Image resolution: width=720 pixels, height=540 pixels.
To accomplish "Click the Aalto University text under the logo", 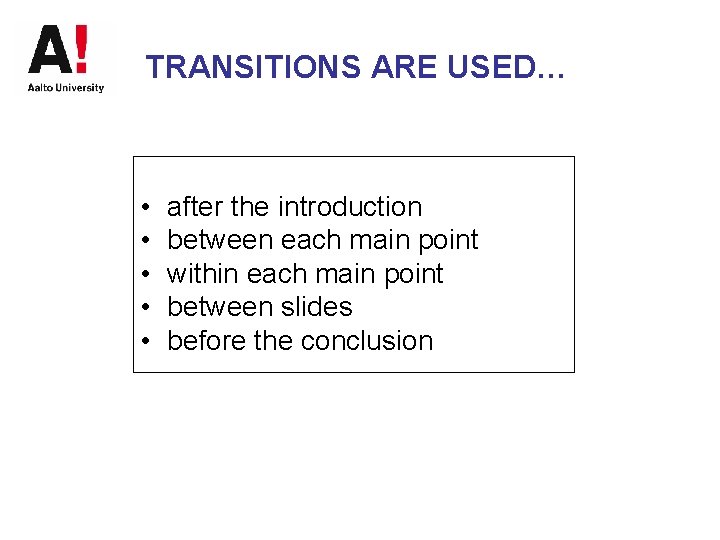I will coord(66,88).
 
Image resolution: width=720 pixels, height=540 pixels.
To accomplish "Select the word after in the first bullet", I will coord(195,207).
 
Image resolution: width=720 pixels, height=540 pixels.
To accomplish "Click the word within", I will coord(203,274).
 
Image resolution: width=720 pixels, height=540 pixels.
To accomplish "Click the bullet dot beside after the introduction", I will coord(145,208).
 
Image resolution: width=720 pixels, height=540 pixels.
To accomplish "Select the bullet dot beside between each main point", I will coord(145,241).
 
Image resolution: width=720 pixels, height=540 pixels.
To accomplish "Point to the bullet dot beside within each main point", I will coord(145,275).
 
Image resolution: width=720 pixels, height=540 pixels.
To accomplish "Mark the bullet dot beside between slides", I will coord(145,308).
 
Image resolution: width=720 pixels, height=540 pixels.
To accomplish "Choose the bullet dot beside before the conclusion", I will coord(145,342).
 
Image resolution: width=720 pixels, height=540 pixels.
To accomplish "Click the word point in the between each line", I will coord(447,241).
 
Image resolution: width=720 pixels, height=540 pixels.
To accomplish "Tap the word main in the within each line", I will coord(345,274).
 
